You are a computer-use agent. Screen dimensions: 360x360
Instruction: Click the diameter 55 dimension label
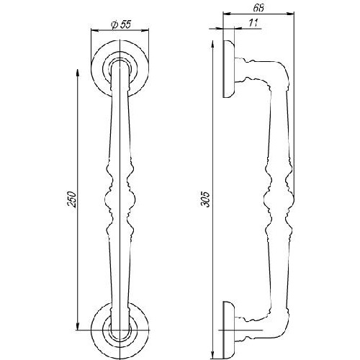121,24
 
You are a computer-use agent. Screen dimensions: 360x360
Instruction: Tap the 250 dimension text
72,199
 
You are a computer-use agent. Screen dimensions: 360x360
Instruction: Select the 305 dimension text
206,199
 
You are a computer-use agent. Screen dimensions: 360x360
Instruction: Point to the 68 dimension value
258,8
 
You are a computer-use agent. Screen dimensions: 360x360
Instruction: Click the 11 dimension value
253,23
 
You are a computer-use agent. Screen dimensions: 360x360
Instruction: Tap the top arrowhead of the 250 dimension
77,73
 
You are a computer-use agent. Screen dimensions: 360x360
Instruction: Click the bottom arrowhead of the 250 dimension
77,327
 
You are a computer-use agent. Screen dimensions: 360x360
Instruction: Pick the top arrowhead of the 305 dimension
212,44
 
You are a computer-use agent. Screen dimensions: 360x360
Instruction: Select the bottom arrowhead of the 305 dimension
212,356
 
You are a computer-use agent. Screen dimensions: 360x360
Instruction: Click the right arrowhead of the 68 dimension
290,14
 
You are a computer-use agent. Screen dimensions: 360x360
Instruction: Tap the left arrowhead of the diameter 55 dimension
95,30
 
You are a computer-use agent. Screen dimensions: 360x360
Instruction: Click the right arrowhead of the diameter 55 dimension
145,30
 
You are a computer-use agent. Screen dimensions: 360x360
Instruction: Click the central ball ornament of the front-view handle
120,199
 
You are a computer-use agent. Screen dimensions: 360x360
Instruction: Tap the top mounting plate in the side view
228,69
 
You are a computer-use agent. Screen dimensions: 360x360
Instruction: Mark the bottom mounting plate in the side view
228,330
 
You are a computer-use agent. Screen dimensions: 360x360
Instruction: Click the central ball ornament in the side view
279,199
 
